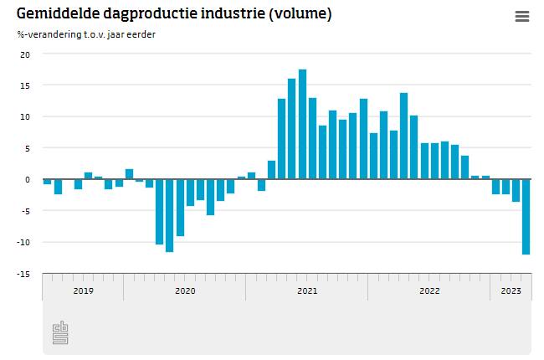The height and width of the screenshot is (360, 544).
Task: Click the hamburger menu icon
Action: pos(522,17)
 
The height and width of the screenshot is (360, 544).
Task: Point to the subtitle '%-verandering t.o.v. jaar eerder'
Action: pos(85,34)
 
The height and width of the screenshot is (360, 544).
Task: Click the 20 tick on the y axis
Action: pos(24,54)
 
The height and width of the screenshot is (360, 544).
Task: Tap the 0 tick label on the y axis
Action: pos(27,180)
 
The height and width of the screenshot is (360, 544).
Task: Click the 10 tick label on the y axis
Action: pos(24,117)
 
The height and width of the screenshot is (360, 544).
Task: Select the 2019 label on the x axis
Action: pos(83,291)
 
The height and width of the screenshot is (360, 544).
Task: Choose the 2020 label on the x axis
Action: pos(185,291)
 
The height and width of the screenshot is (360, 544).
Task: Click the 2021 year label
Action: pos(307,291)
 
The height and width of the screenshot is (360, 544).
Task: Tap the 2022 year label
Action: pos(429,291)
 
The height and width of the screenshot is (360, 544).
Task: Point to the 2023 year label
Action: pos(511,291)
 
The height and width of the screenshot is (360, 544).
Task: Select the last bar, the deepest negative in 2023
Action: pos(526,217)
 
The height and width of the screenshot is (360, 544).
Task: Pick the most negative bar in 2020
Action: pos(169,215)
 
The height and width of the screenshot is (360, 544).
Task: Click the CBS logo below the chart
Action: pos(60,332)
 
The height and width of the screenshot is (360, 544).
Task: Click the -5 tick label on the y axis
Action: pos(24,211)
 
